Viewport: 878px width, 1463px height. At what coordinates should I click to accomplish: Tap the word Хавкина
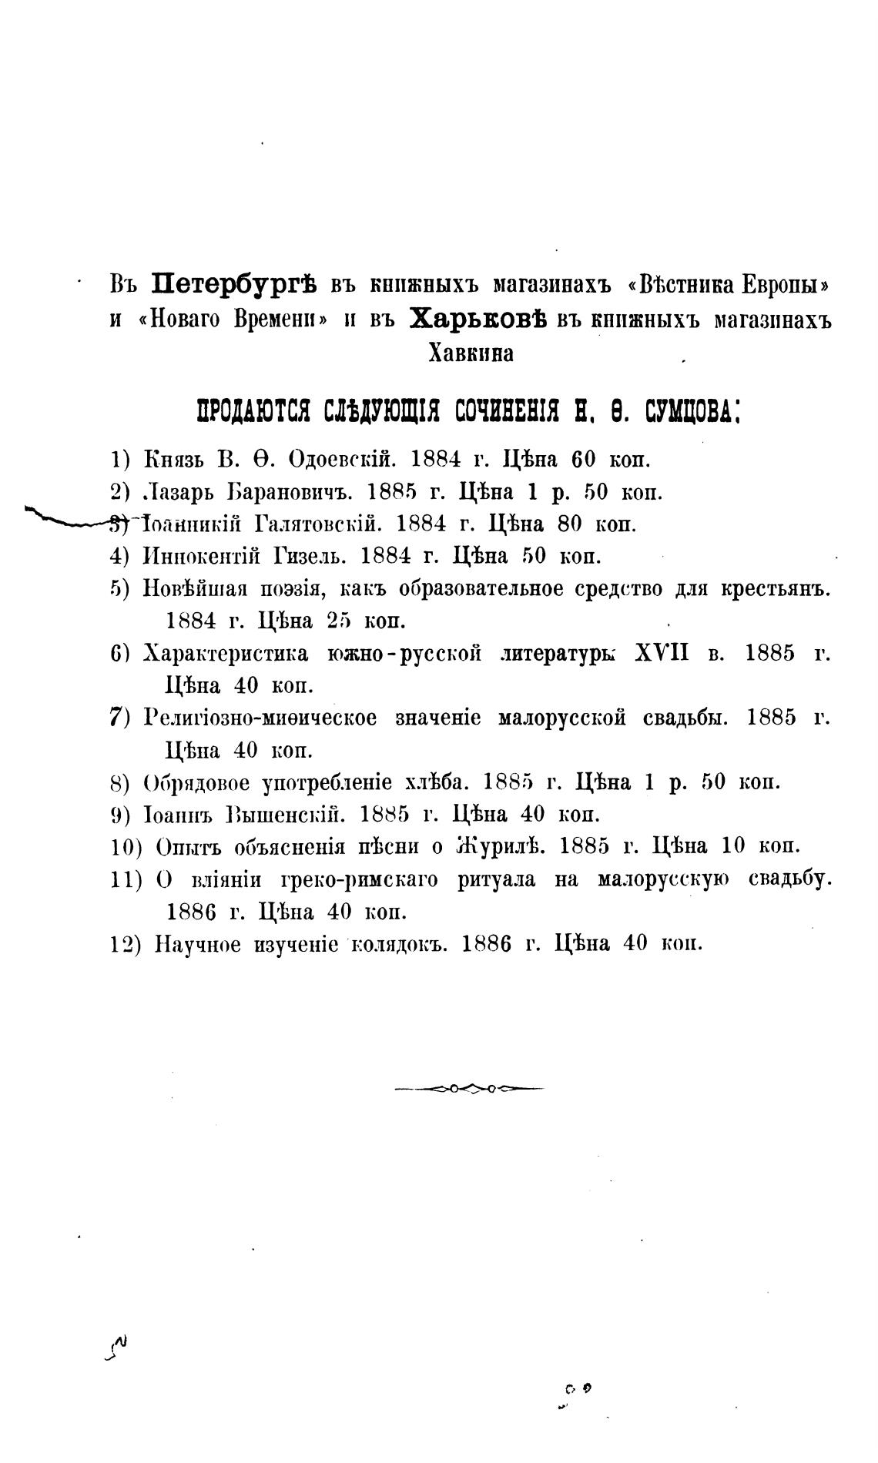tap(470, 353)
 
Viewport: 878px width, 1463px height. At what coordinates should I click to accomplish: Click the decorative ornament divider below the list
tap(469, 1089)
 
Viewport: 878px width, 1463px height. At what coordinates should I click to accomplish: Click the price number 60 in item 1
tap(584, 460)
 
